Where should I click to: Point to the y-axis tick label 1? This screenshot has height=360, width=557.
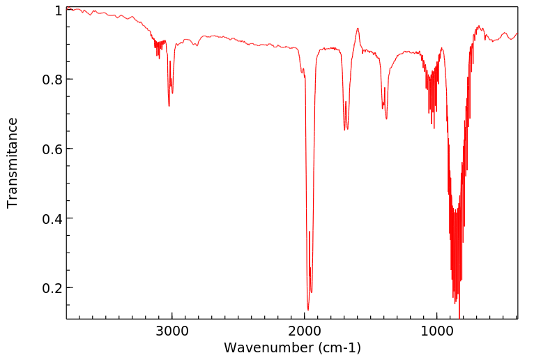click(58, 11)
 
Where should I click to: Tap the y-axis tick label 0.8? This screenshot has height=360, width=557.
click(52, 80)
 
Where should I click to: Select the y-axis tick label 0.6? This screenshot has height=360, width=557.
click(52, 149)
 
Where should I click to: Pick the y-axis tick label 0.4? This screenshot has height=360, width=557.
click(52, 218)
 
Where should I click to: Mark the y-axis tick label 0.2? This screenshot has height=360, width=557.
click(52, 288)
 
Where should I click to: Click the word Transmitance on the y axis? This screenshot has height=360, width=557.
click(13, 163)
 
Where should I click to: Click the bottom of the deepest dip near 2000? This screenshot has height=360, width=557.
click(307, 310)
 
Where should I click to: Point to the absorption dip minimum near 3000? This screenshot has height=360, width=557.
click(169, 106)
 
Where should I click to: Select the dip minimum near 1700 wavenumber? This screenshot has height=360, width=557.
click(344, 130)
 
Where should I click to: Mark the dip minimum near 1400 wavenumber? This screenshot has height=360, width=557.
click(386, 119)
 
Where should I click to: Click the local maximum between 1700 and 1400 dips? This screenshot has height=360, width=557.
click(358, 29)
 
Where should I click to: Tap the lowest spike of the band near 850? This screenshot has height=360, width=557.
click(459, 315)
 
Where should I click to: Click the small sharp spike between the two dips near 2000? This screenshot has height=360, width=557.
click(310, 232)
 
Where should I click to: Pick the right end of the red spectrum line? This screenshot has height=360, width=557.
click(517, 33)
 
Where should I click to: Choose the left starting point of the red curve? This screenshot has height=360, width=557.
click(67, 9)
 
